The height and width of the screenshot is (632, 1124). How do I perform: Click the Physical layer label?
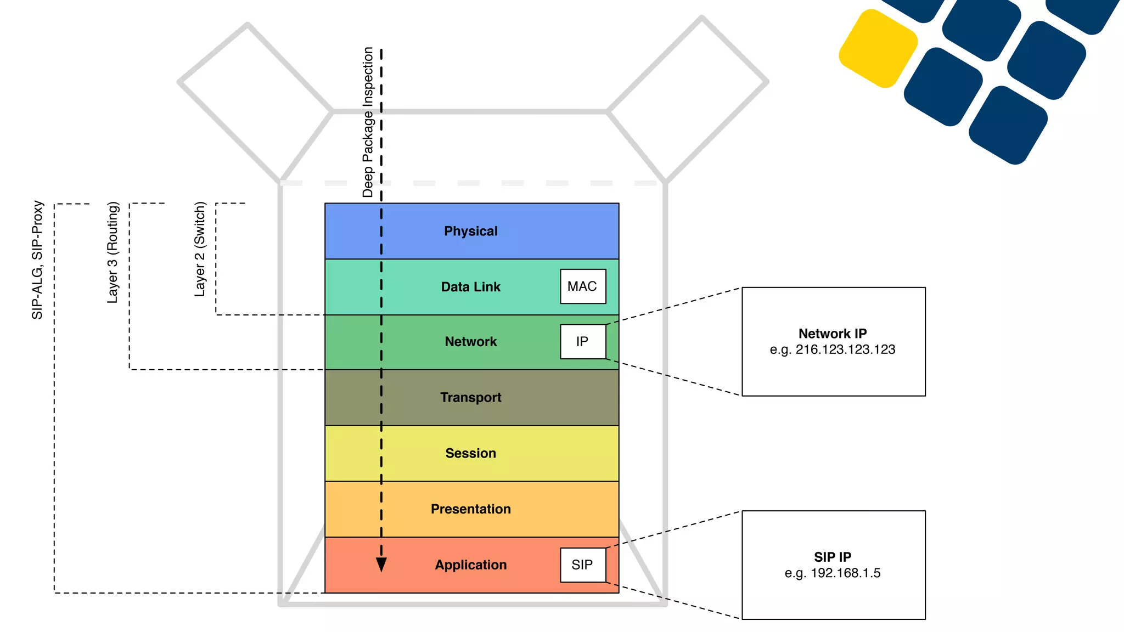click(470, 231)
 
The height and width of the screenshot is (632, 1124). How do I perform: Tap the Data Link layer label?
click(470, 287)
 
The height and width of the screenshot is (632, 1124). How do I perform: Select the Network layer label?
click(470, 342)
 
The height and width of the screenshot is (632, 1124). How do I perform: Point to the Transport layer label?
click(470, 397)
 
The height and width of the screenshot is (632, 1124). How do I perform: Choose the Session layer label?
click(470, 453)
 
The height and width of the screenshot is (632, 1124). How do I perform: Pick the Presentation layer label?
click(470, 509)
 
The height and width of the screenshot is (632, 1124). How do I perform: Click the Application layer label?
click(470, 565)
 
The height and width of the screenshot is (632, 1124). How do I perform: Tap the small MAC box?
click(582, 286)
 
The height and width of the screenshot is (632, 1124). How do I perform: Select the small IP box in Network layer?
click(582, 342)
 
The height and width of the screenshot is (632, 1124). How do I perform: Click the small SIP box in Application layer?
click(582, 565)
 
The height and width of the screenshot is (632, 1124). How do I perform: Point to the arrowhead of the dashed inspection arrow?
click(381, 565)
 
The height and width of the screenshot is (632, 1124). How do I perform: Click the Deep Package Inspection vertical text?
click(368, 122)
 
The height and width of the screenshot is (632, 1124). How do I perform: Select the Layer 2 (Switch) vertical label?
click(200, 249)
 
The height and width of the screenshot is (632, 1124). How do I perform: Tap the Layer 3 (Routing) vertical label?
click(113, 252)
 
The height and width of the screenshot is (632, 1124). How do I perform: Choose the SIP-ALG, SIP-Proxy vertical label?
click(37, 259)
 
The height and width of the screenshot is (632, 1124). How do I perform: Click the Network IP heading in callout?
click(832, 334)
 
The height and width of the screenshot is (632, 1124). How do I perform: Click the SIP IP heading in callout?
click(832, 557)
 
